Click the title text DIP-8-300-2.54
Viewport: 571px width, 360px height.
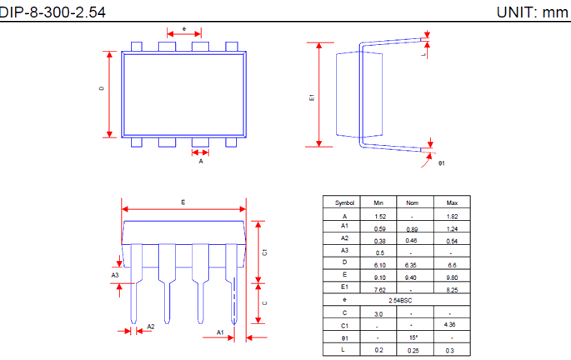(52, 12)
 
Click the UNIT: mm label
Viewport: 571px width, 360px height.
(532, 12)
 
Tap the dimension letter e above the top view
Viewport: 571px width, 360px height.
(183, 29)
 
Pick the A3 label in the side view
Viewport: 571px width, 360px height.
(115, 274)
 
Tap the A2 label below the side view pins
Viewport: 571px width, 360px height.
(151, 327)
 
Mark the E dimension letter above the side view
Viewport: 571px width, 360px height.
(183, 202)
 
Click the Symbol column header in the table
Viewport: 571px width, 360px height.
(344, 202)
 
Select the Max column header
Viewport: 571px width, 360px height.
(452, 202)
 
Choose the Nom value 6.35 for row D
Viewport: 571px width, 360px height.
(412, 262)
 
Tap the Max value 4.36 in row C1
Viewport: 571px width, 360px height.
(452, 324)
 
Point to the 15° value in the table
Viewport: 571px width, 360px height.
(412, 337)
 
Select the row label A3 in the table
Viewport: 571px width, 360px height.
(344, 250)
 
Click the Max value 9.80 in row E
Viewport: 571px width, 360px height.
(452, 277)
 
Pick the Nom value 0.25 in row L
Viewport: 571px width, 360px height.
(412, 350)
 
